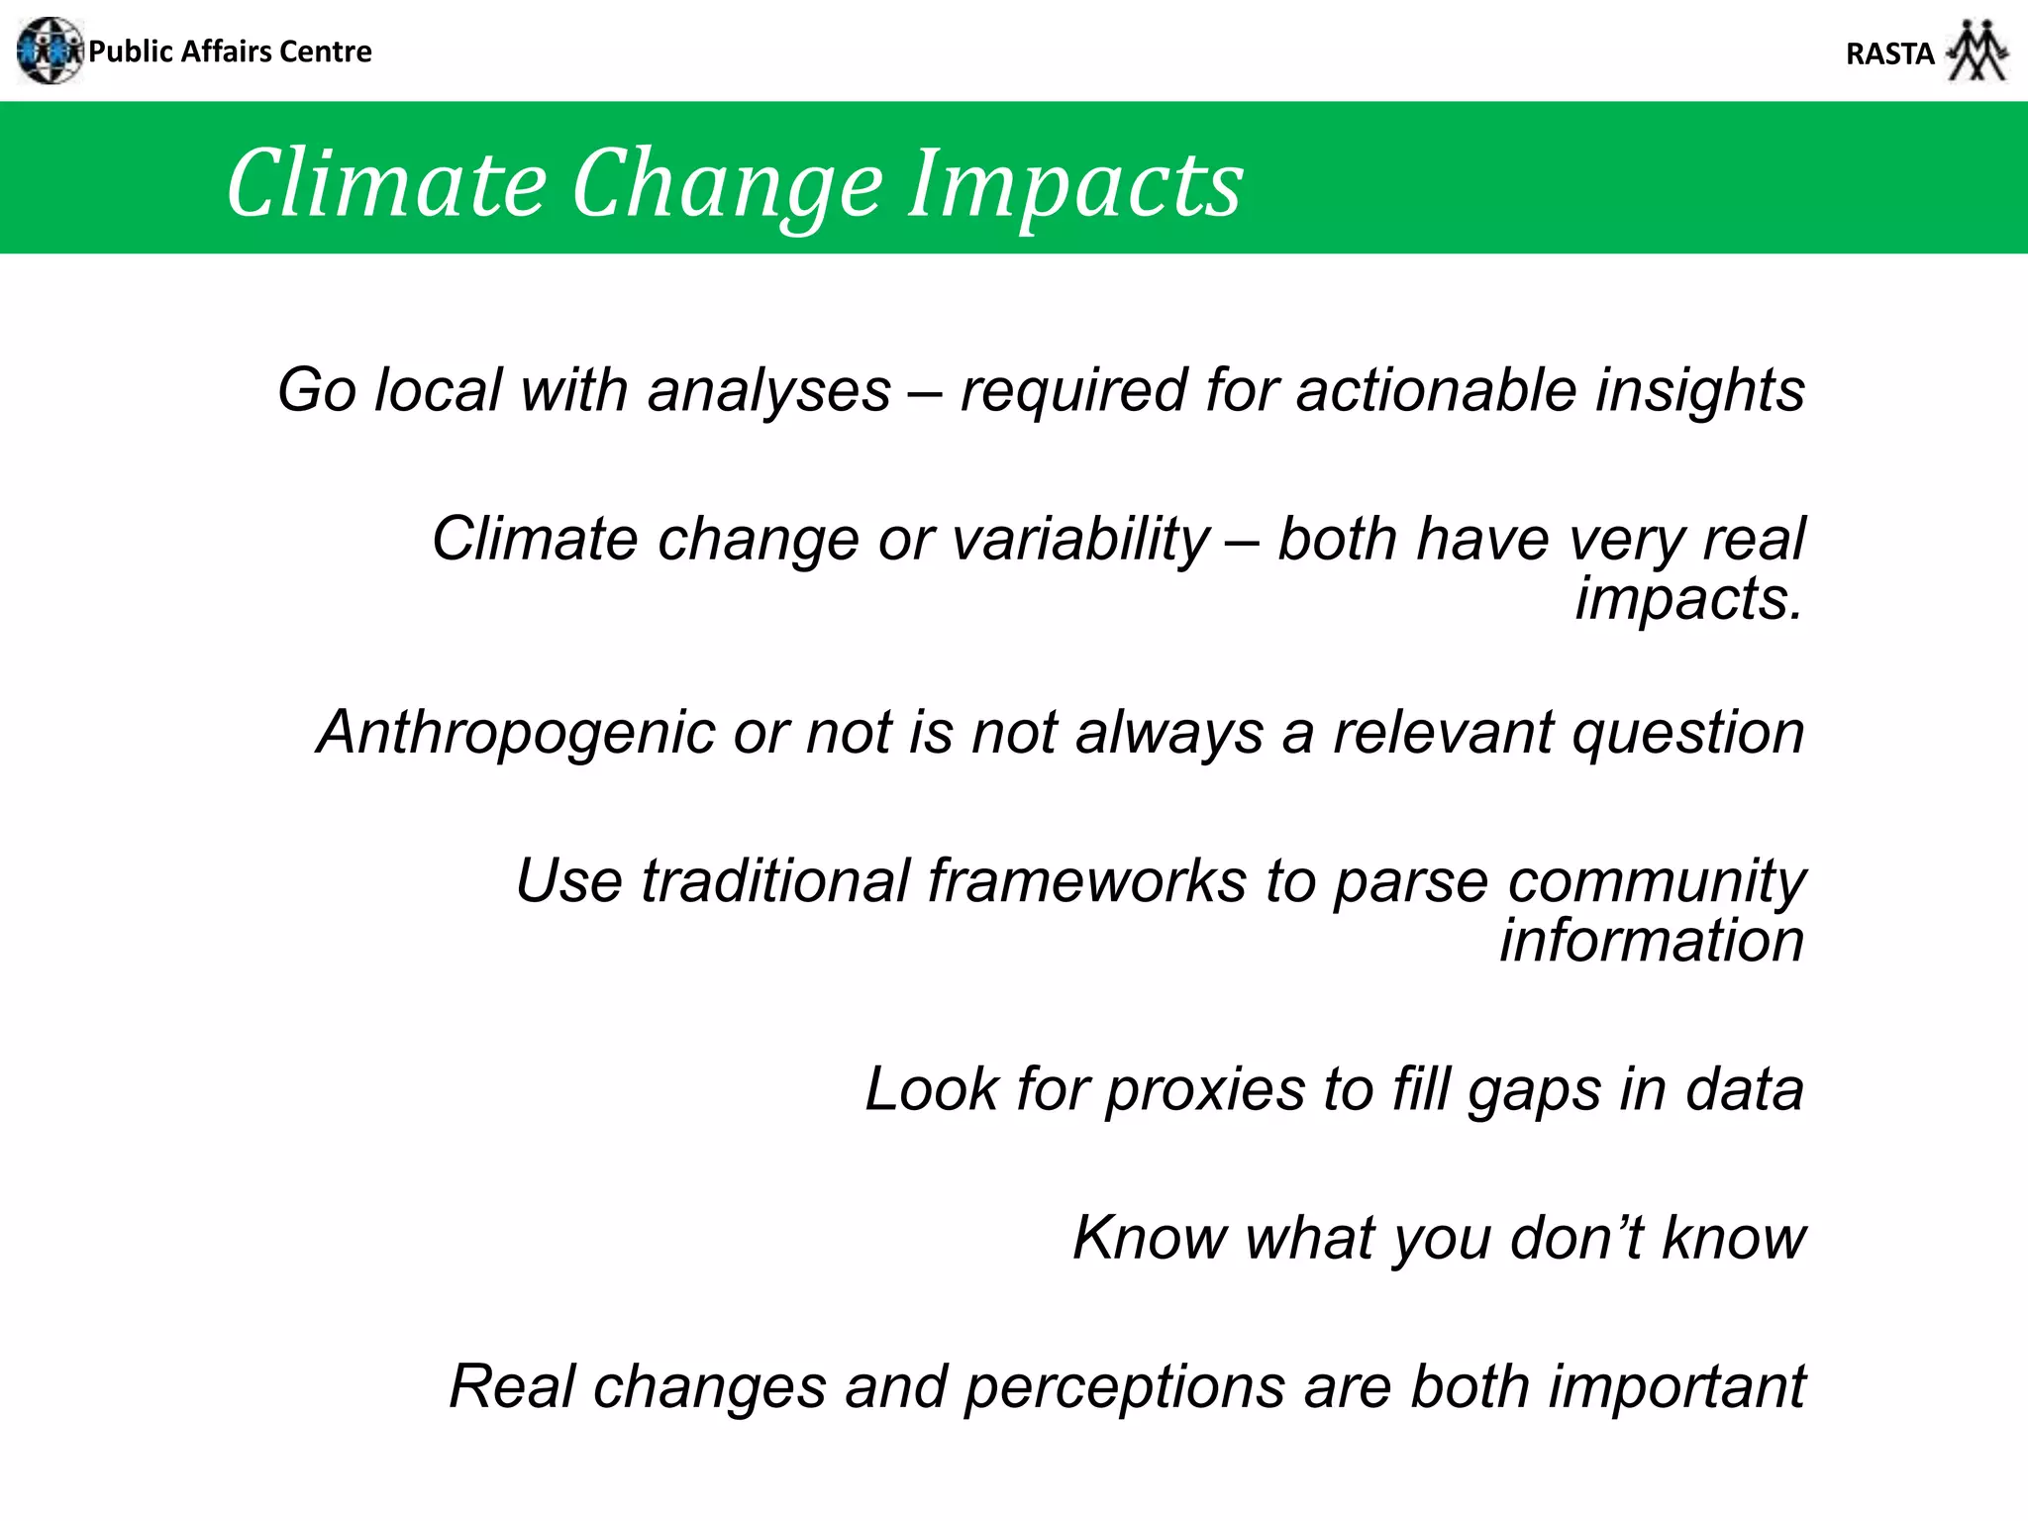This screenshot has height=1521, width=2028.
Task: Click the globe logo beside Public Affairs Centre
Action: coord(50,51)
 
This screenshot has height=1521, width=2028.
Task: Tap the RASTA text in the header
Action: coord(1889,53)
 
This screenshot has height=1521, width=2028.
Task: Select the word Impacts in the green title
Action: coord(1075,184)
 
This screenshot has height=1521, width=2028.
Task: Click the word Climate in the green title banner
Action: coord(386,184)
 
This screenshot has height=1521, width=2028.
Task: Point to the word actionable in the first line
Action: coord(1436,390)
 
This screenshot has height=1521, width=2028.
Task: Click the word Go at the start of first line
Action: coord(316,390)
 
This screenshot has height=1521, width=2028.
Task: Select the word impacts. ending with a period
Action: coord(1689,599)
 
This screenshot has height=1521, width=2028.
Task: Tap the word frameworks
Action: coord(1086,881)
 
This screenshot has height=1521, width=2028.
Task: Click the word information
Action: coord(1652,941)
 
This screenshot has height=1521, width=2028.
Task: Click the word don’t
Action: coord(1577,1238)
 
